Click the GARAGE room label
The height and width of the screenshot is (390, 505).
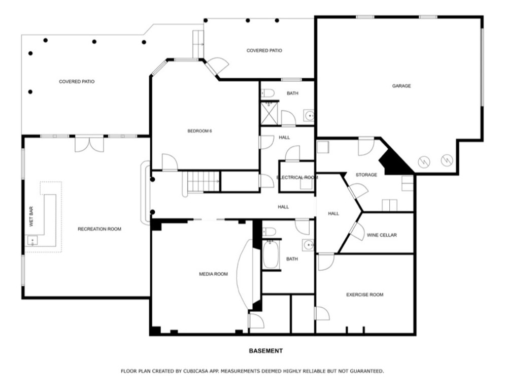pos(401,86)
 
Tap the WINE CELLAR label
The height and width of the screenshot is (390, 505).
pos(382,235)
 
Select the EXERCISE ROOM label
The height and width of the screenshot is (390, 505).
pos(364,295)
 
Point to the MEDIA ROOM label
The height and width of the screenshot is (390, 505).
pos(213,274)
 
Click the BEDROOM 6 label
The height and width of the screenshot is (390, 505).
pos(199,131)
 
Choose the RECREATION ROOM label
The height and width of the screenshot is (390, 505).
pos(99,229)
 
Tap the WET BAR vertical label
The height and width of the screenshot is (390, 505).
pos(31,216)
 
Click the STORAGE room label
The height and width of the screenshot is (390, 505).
pos(366,175)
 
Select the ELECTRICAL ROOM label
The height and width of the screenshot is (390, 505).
pos(297,177)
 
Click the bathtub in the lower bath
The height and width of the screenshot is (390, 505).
pos(271,256)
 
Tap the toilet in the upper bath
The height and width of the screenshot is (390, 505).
pos(268,93)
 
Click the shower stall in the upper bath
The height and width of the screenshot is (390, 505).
pos(269,114)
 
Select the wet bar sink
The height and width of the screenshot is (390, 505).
pos(32,241)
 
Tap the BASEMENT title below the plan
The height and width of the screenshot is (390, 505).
pos(265,351)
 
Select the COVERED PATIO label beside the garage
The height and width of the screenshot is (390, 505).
pos(264,50)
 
